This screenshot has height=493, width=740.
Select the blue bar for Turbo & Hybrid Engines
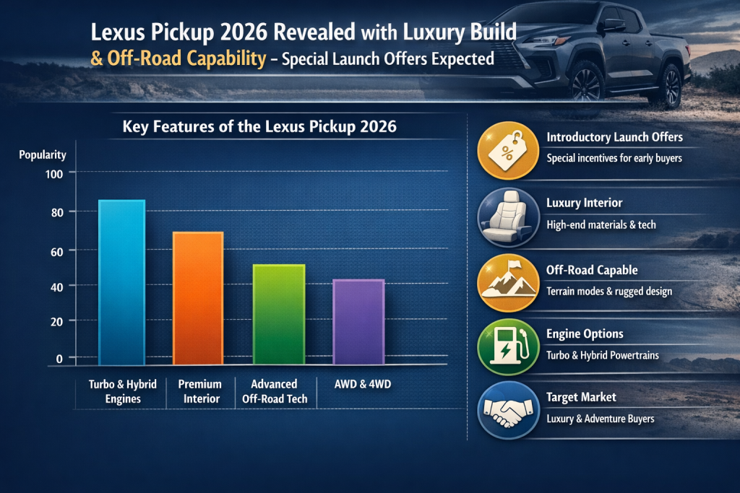[121, 282]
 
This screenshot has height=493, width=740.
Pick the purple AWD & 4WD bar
[358, 321]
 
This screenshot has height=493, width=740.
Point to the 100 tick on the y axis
[56, 173]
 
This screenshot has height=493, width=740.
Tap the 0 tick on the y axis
[61, 357]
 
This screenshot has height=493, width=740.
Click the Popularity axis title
[43, 154]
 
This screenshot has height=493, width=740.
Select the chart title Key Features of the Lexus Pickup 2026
[259, 127]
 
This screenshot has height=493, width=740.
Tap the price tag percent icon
[508, 149]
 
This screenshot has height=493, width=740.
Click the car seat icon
[508, 217]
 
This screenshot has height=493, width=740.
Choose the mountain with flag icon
[508, 283]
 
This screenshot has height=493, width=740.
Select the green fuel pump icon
[508, 348]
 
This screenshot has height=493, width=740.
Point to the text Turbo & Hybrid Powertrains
[603, 355]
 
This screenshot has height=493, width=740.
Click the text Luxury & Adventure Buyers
[601, 419]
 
